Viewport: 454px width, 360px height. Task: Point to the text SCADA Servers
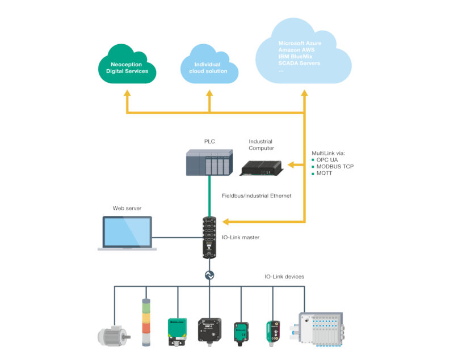tap(299, 63)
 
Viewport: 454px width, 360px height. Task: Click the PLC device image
tap(209, 162)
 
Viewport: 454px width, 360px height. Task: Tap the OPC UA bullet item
tap(327, 160)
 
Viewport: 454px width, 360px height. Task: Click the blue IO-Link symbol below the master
tap(209, 275)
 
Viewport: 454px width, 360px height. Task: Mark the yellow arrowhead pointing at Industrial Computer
tap(291, 165)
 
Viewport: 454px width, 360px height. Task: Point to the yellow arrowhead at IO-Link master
tap(226, 221)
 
